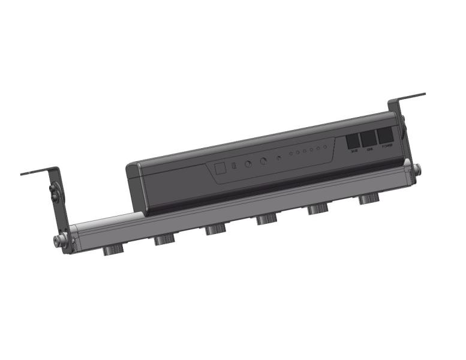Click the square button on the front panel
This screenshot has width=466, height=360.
pos(220,168)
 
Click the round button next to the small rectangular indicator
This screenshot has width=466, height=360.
pos(248,163)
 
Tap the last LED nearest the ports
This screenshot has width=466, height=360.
pos(326,147)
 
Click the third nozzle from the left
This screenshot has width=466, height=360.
pos(214,230)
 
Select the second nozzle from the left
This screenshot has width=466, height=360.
pos(163,239)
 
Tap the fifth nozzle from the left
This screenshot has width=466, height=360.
pos(317,210)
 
